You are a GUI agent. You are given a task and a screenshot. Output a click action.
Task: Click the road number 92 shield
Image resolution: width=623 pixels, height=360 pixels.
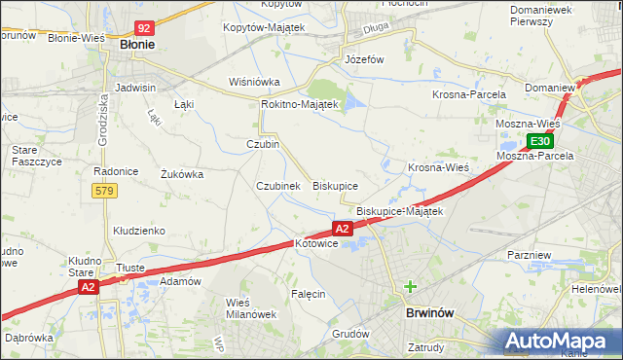pyautogui.click(x=144, y=29)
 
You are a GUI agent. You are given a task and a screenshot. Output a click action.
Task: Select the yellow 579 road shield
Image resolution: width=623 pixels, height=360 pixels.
pyautogui.click(x=105, y=191)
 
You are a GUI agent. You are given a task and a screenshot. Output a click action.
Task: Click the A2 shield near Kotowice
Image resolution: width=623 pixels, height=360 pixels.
pyautogui.click(x=342, y=229)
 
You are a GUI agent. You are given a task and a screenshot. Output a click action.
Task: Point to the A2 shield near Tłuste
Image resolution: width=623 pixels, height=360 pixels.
pyautogui.click(x=88, y=287)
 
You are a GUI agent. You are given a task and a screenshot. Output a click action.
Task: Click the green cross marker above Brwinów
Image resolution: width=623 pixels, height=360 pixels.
pyautogui.click(x=410, y=286)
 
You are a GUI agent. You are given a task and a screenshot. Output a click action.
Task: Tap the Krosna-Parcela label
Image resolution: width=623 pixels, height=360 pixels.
pyautogui.click(x=469, y=94)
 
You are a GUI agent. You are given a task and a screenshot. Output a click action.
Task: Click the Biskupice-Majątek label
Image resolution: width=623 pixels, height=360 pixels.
pyautogui.click(x=400, y=211)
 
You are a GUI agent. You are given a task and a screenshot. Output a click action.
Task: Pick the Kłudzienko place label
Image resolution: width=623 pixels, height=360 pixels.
pyautogui.click(x=139, y=231)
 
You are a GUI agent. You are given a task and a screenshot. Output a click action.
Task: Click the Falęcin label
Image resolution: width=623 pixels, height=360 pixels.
pyautogui.click(x=308, y=293)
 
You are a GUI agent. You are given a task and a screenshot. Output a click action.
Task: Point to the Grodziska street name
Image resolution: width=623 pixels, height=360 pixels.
pyautogui.click(x=102, y=119)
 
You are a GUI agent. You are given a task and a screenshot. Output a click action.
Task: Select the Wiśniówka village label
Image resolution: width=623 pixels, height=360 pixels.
pyautogui.click(x=254, y=83)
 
